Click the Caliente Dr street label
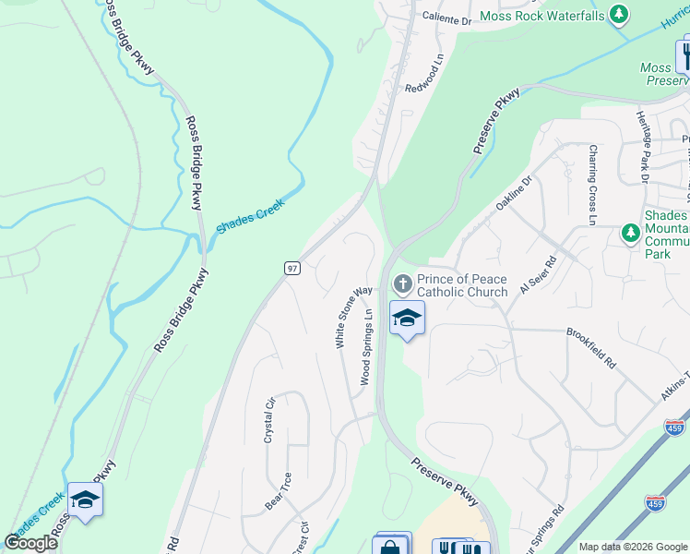coord(446,18)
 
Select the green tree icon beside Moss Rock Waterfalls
coord(620,14)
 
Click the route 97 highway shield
coord(292,268)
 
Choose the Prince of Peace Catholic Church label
coord(462,285)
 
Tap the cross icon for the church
coord(401,283)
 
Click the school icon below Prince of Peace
coord(406,318)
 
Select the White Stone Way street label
coord(353,315)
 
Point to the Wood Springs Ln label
coord(366,347)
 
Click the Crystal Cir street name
coord(270,420)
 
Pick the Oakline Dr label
coord(515,193)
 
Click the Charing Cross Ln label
coord(593,185)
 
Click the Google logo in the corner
coord(31,543)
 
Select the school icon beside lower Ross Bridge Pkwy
coord(85,499)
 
